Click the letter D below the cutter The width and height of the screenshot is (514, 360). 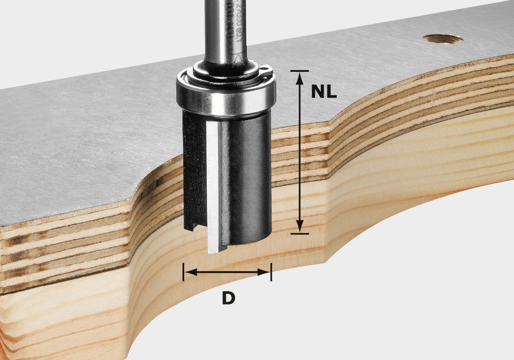point(228,298)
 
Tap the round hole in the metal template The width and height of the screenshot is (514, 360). point(443,39)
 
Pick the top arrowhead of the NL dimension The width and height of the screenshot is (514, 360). point(299,77)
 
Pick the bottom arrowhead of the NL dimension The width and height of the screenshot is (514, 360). point(299,227)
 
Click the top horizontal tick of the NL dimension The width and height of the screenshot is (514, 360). point(299,71)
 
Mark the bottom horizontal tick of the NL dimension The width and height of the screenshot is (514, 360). point(299,234)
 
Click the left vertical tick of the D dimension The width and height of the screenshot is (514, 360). point(184,272)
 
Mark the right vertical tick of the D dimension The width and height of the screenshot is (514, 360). point(271,272)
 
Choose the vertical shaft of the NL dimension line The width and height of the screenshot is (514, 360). point(299,152)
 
